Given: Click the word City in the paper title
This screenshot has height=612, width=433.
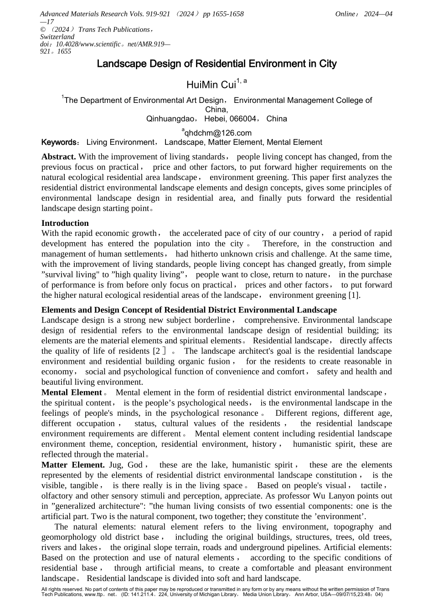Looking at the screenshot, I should pos(328,64).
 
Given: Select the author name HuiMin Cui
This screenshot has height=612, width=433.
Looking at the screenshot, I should pos(211,85).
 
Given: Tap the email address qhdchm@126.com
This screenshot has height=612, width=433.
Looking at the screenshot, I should pos(217,133).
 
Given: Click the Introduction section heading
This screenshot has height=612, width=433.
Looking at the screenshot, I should pos(65,223).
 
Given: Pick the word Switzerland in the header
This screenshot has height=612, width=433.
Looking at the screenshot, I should pos(57,37).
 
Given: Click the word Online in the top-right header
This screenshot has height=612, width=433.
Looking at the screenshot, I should pos(345,14).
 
